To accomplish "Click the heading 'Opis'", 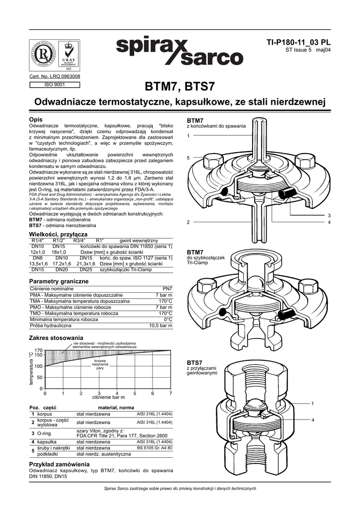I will [x=36, y=120].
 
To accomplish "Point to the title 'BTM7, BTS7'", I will [x=180, y=86].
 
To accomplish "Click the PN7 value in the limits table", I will [x=168, y=288].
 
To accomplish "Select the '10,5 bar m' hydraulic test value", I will [x=161, y=326].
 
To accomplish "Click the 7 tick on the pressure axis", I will [x=170, y=393].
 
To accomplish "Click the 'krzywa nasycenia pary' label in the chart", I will [x=100, y=364].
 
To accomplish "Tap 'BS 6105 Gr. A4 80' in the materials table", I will [x=154, y=448].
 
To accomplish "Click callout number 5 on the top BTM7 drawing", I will [x=188, y=158].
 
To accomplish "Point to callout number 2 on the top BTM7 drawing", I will [x=188, y=222].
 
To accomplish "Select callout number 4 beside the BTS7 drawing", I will [x=313, y=421].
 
